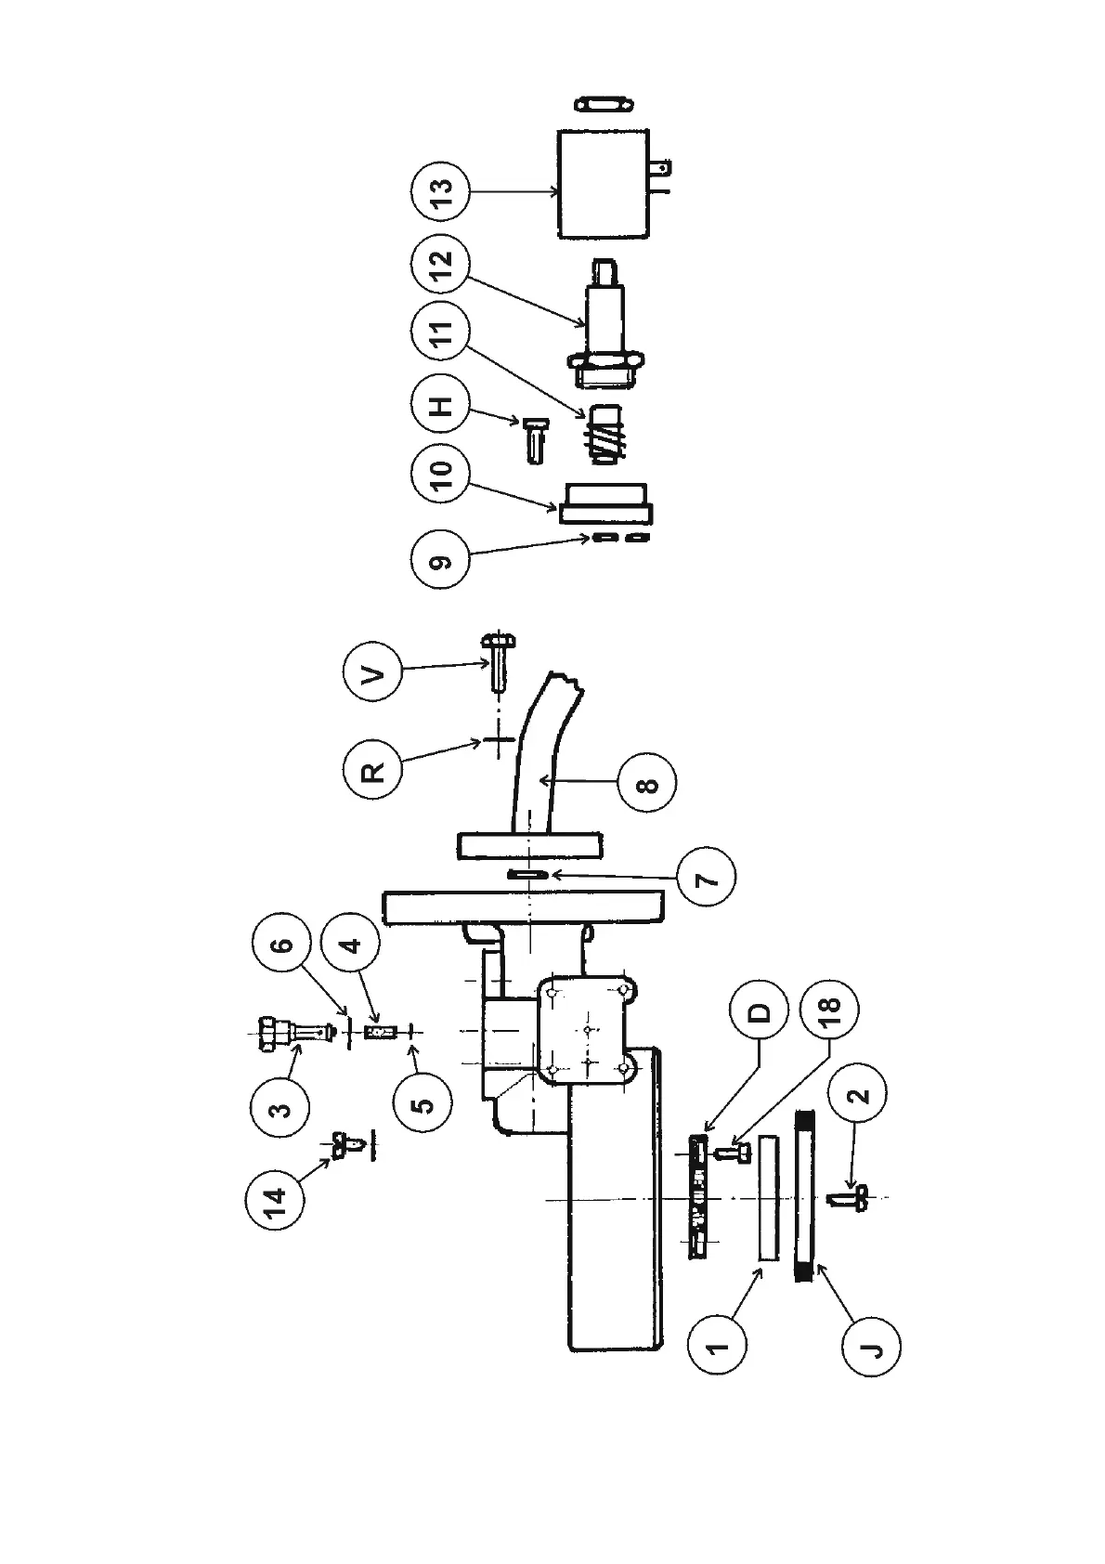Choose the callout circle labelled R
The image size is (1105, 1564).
[x=370, y=770]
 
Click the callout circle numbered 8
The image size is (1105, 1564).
[x=646, y=785]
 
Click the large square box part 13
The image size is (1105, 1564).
[x=602, y=184]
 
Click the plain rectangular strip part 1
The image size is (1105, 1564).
[x=769, y=1196]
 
